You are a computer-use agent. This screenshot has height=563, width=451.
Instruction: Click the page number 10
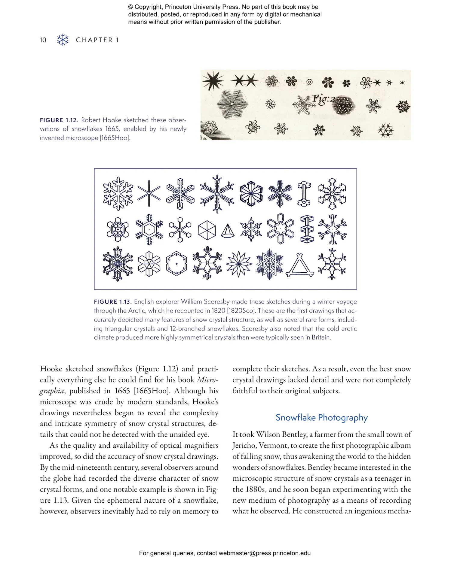pyautogui.click(x=43, y=40)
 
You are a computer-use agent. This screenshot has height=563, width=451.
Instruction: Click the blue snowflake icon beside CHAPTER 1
pyautogui.click(x=63, y=40)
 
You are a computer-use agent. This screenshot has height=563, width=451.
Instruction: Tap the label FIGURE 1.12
pyautogui.click(x=59, y=120)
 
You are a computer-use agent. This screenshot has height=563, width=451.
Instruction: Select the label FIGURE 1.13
pyautogui.click(x=113, y=302)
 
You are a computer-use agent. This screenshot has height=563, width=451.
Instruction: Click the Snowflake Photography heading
pyautogui.click(x=321, y=418)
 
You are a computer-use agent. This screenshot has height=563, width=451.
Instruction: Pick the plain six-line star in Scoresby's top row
pyautogui.click(x=149, y=193)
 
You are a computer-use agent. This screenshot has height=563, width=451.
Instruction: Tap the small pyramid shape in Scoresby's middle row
pyautogui.click(x=228, y=231)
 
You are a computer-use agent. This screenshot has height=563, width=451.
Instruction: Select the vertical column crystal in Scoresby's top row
pyautogui.click(x=304, y=194)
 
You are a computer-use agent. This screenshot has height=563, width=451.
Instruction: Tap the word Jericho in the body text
pyautogui.click(x=244, y=446)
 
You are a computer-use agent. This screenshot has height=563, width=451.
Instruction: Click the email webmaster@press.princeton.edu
pyautogui.click(x=264, y=553)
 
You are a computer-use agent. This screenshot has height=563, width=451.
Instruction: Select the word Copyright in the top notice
pyautogui.click(x=148, y=7)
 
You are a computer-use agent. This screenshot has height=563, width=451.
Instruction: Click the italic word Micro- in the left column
pyautogui.click(x=207, y=380)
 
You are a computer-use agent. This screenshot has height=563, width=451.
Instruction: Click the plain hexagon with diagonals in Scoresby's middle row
pyautogui.click(x=207, y=231)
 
